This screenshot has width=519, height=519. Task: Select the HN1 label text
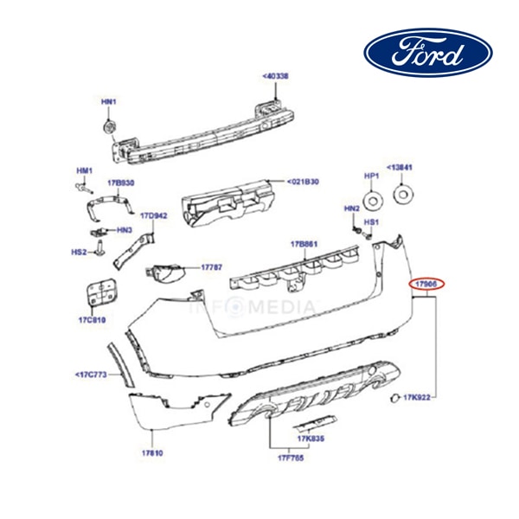click(108, 103)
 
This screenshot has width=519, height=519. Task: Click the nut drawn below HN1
click(110, 127)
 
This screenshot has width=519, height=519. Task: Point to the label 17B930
click(120, 183)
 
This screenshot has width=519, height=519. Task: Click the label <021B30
click(304, 183)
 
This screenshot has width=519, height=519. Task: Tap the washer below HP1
click(373, 200)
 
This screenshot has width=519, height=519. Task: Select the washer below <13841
click(402, 195)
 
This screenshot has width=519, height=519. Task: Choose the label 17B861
click(304, 245)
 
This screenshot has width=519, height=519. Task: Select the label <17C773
click(91, 375)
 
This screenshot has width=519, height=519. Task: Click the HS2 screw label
click(80, 252)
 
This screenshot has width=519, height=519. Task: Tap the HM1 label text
click(83, 170)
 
